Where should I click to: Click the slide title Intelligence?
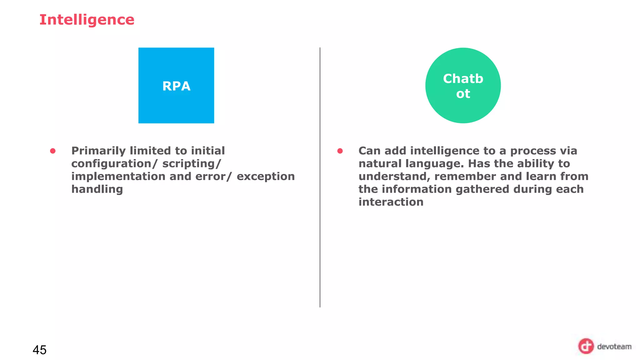click(87, 20)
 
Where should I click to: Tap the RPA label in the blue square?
click(176, 86)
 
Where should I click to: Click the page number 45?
click(40, 350)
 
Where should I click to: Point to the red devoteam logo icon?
click(586, 346)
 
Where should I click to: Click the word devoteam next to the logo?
click(614, 347)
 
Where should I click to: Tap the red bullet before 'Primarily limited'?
click(53, 151)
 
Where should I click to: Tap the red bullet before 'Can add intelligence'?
click(340, 151)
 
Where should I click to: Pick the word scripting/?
click(192, 164)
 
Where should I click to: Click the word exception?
click(266, 177)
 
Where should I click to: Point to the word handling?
click(97, 189)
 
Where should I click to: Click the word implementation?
click(118, 177)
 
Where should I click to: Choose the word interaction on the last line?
click(391, 202)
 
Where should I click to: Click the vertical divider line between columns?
click(320, 219)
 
